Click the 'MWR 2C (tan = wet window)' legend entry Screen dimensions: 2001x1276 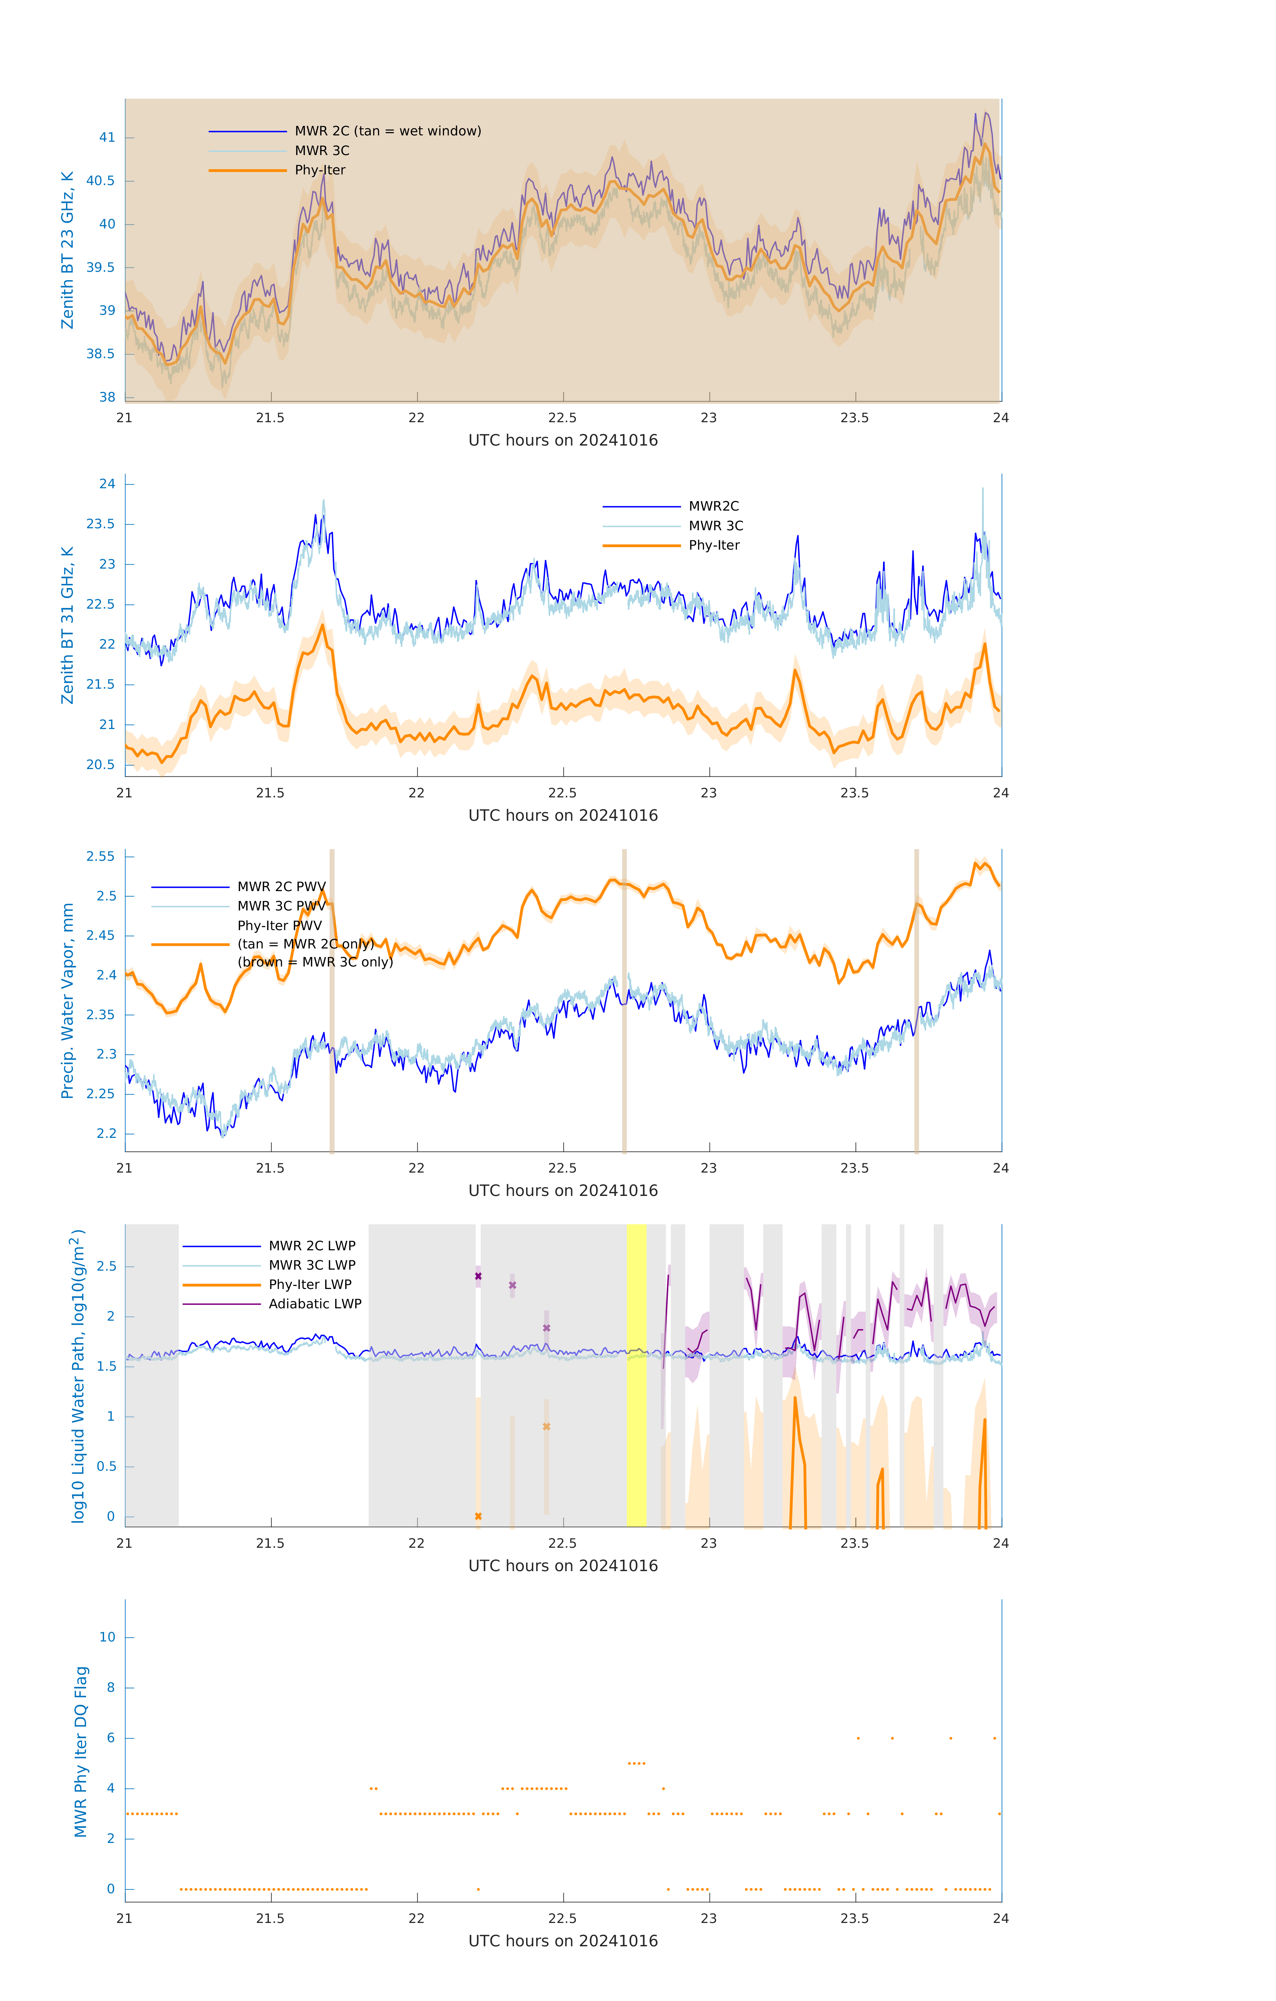(x=387, y=131)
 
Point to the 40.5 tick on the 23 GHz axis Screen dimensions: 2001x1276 (x=101, y=181)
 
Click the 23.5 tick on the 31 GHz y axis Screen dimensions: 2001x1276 (x=101, y=524)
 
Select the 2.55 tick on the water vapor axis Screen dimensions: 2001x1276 (x=101, y=857)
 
